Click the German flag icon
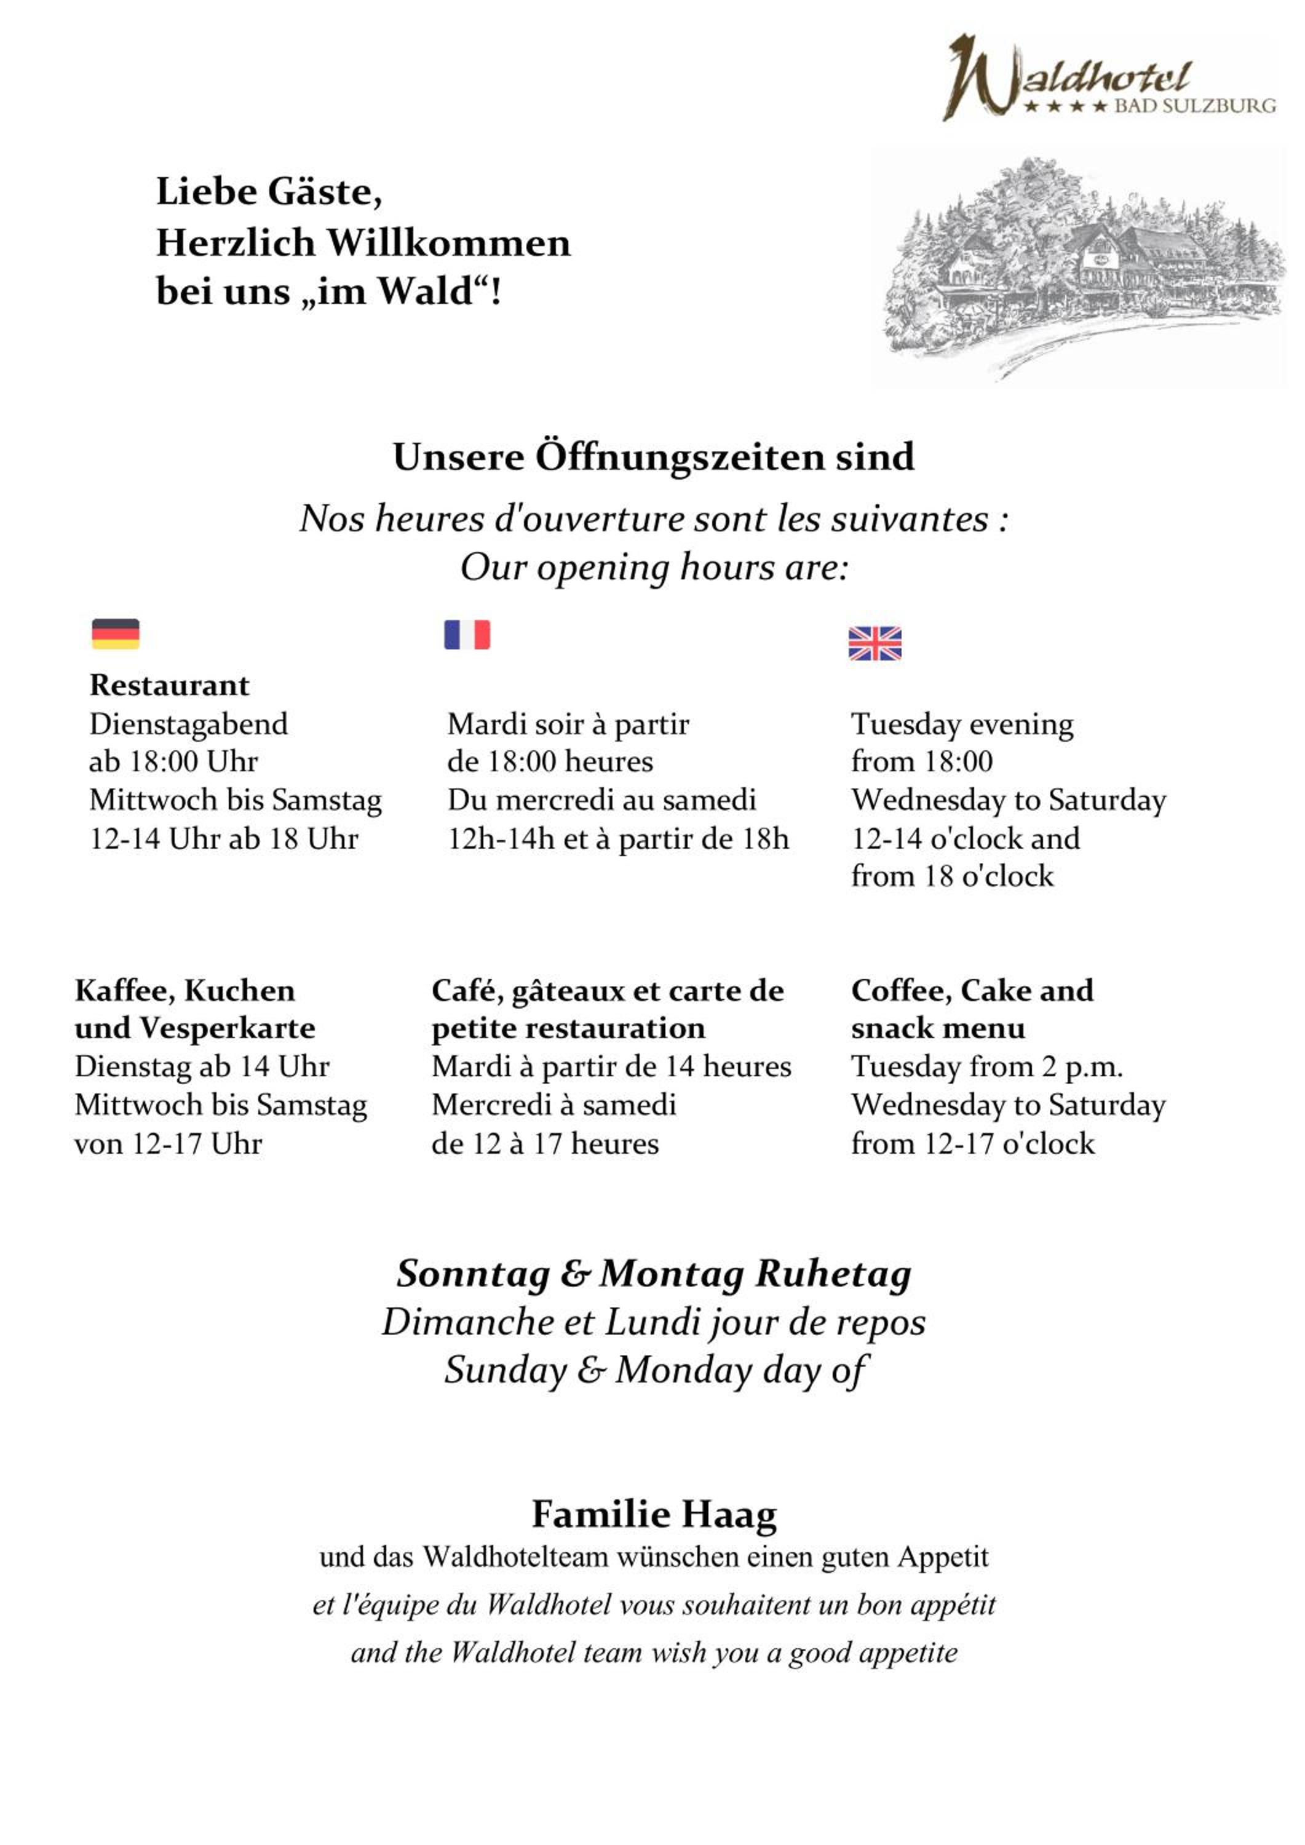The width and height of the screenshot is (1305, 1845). [x=116, y=634]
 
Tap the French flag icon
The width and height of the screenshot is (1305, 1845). [x=467, y=635]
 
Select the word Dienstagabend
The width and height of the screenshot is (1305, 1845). [x=188, y=724]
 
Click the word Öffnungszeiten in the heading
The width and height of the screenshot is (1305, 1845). [x=680, y=457]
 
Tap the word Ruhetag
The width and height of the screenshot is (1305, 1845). [x=833, y=1274]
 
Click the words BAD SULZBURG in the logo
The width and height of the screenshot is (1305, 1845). [x=1194, y=106]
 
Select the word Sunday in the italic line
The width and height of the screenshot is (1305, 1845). [x=506, y=1370]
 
